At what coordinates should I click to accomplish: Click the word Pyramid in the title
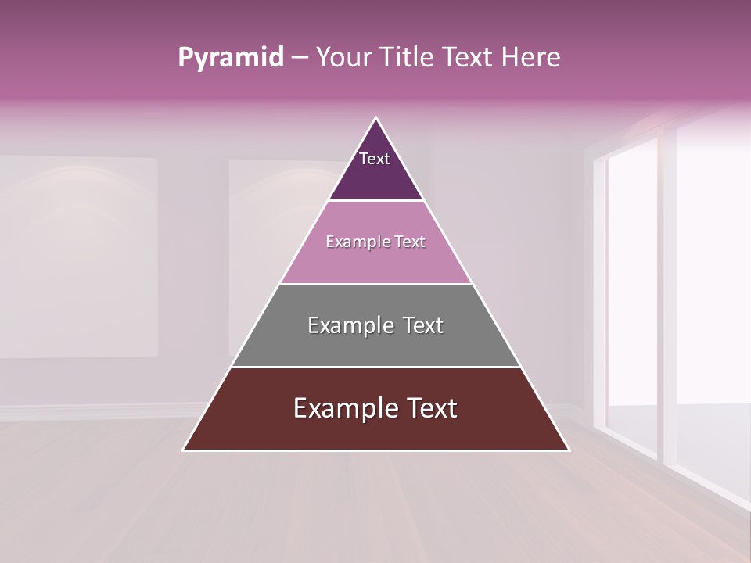pos(230,58)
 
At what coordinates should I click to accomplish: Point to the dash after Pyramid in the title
pos(299,58)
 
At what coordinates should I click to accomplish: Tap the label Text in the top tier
pos(375,160)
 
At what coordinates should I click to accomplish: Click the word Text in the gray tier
pos(423,325)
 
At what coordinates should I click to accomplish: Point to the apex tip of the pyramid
pos(375,119)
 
